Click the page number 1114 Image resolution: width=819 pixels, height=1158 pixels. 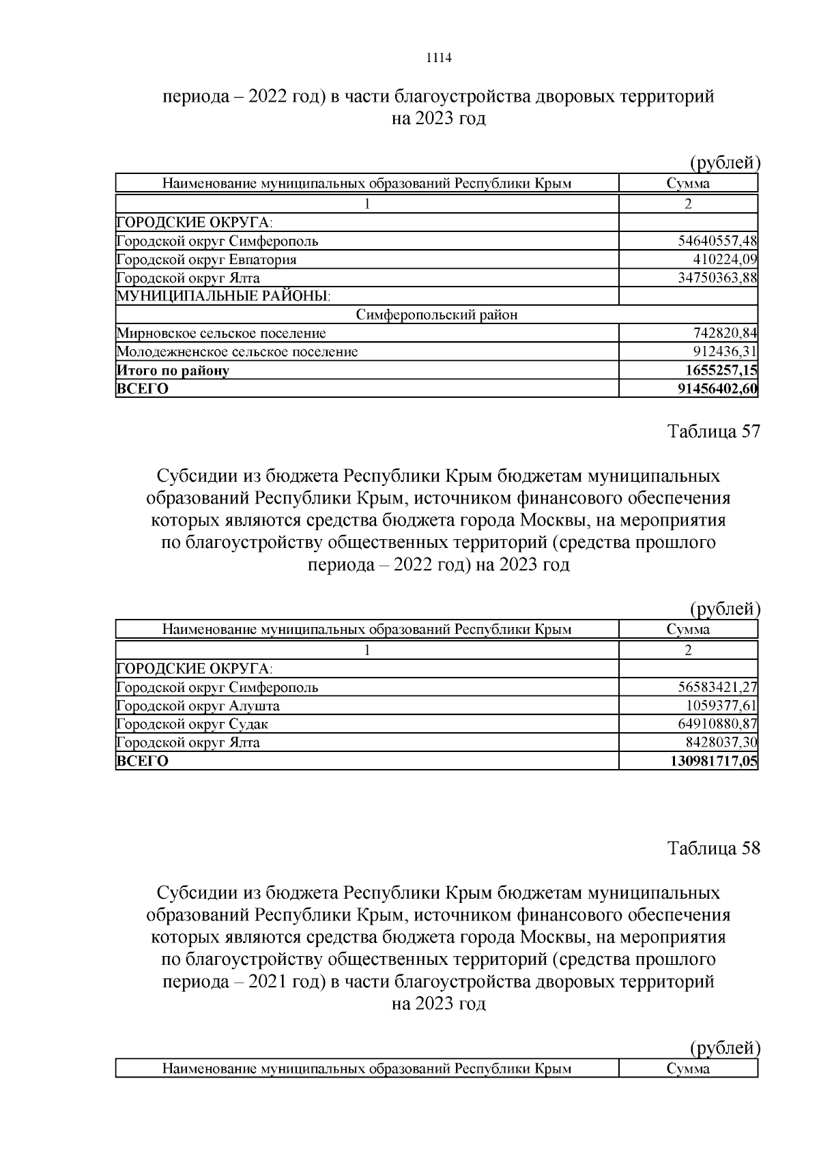point(439,58)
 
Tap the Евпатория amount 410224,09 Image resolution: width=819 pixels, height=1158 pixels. point(725,259)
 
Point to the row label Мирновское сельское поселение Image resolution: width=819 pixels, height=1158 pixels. point(221,334)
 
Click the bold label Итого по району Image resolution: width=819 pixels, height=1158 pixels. point(173,371)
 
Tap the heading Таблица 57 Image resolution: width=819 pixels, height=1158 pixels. point(713,432)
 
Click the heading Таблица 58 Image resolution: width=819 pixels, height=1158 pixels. point(713,848)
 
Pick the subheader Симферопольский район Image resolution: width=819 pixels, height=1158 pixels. point(437,315)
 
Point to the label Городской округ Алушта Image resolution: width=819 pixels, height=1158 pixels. point(198,706)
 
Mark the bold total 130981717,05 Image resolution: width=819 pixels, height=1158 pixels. point(714,762)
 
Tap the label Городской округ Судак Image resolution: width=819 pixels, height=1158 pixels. point(197,724)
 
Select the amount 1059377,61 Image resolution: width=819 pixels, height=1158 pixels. point(721,706)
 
